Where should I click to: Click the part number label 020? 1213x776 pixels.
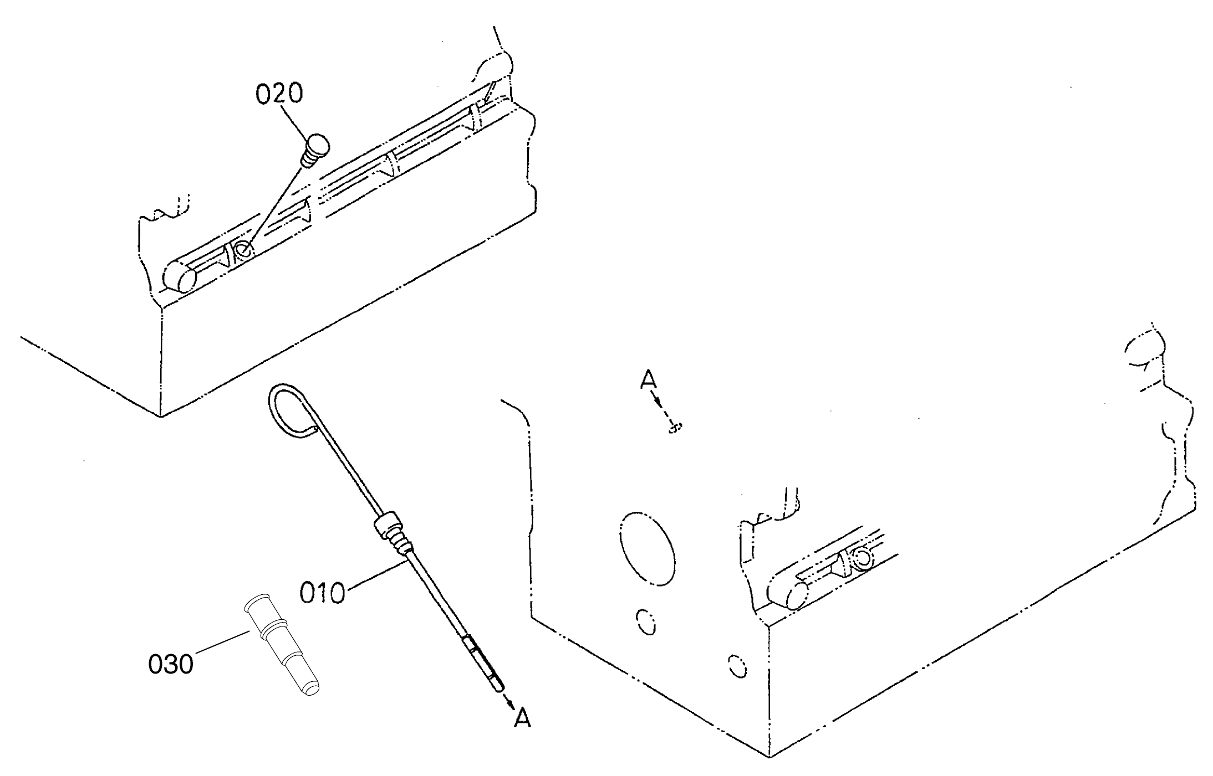279,94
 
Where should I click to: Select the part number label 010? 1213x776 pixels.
322,593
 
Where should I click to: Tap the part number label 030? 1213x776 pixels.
171,663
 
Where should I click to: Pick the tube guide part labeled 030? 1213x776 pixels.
282,644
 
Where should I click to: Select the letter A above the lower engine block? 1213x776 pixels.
648,380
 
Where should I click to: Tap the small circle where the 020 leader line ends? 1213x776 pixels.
243,249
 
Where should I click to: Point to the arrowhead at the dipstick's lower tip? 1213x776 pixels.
508,701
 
